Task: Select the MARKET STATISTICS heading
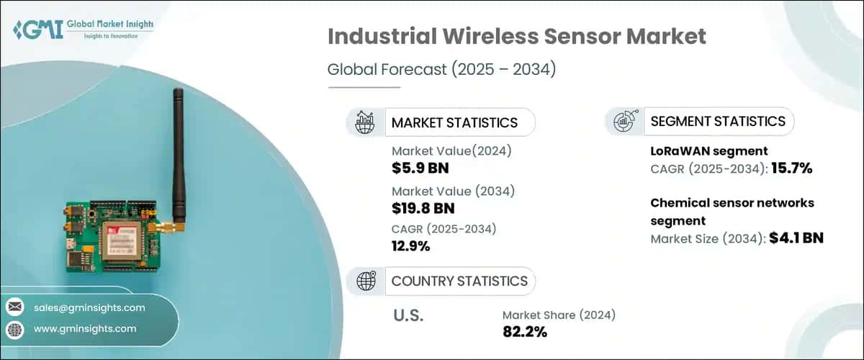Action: point(454,122)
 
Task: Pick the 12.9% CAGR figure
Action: point(410,247)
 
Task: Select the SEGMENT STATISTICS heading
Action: point(717,121)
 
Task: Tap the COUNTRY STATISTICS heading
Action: point(459,281)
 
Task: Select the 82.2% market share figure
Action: point(525,332)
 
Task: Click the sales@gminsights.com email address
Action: point(89,307)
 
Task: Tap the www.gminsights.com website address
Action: point(85,328)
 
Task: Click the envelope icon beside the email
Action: point(14,307)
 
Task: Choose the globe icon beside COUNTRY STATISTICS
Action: point(366,281)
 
